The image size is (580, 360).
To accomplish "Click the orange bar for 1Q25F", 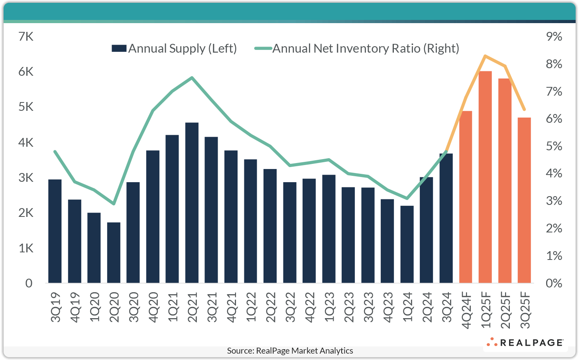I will (x=485, y=177).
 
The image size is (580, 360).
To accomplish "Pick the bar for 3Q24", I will (x=446, y=218).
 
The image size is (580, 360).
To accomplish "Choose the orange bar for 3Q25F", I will (x=524, y=200).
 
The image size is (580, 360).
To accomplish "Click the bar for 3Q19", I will (x=55, y=231).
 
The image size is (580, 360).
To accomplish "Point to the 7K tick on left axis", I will (x=26, y=37).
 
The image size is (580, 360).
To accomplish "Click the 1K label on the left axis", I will (x=26, y=248).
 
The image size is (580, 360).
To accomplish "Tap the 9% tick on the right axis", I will (x=554, y=37).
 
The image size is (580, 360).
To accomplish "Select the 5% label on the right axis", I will (x=554, y=146).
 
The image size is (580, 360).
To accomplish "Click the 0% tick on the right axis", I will (x=554, y=283).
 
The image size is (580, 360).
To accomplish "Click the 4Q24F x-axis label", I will (x=466, y=310).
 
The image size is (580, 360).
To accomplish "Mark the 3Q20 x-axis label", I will (x=134, y=307).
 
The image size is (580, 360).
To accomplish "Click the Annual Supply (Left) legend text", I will (x=183, y=48).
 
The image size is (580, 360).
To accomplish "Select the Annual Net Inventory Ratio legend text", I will (x=366, y=48).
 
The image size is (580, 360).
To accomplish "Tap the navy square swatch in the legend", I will (x=119, y=49).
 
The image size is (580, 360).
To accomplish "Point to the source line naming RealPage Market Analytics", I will (x=290, y=351).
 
